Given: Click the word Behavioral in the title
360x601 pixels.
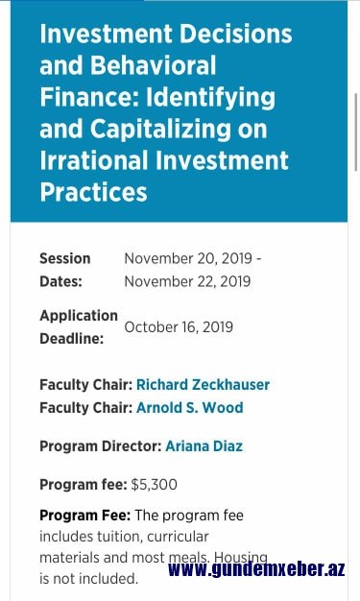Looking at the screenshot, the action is coord(153,65).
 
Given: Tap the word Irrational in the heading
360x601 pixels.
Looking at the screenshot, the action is coord(94,159).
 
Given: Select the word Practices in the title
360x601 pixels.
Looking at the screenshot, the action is coord(93,192).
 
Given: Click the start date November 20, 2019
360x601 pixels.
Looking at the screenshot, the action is coord(188,258).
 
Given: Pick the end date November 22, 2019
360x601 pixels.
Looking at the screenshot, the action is coord(187,281).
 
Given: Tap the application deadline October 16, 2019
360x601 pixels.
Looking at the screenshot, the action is coord(179,327).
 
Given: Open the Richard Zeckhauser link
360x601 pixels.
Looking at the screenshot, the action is coord(203,384).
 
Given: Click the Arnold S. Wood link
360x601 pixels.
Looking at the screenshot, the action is coord(190,407).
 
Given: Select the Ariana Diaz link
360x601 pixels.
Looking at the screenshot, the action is coord(204,446).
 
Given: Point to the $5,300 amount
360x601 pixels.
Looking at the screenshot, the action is coord(155,485).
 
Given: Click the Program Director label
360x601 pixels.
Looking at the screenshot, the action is coord(101,446).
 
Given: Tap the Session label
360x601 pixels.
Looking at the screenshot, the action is coord(65,258).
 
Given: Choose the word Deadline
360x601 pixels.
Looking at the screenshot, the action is coord(72,339).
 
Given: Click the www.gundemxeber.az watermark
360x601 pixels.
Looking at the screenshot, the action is coord(256,569).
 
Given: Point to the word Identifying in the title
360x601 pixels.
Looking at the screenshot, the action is coord(210,97).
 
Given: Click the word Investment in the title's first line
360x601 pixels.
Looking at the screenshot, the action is coord(106,34).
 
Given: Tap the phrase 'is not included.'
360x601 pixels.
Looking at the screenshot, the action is coord(88,578).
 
